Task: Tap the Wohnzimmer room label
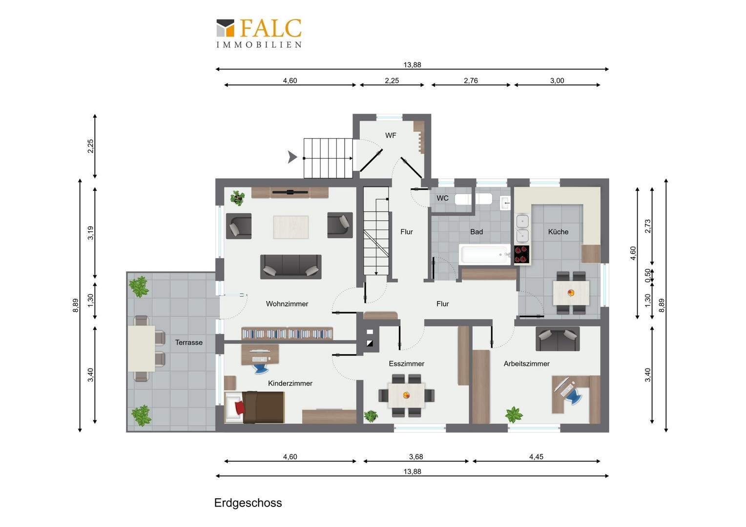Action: [287, 304]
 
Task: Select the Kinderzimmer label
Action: [290, 384]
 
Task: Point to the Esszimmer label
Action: [406, 364]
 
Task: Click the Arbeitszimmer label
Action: [526, 364]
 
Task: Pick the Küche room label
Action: [558, 232]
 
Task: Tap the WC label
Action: [443, 198]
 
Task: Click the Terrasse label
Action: [189, 343]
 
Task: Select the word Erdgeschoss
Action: [248, 503]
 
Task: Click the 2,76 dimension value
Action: [471, 81]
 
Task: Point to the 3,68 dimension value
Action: [416, 457]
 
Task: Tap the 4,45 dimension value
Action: [536, 457]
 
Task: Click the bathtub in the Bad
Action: [485, 254]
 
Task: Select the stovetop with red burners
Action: [521, 255]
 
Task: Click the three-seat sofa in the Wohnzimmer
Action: [291, 266]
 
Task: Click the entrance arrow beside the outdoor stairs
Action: [292, 157]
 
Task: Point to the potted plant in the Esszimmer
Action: [371, 416]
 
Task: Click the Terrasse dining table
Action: [142, 348]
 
